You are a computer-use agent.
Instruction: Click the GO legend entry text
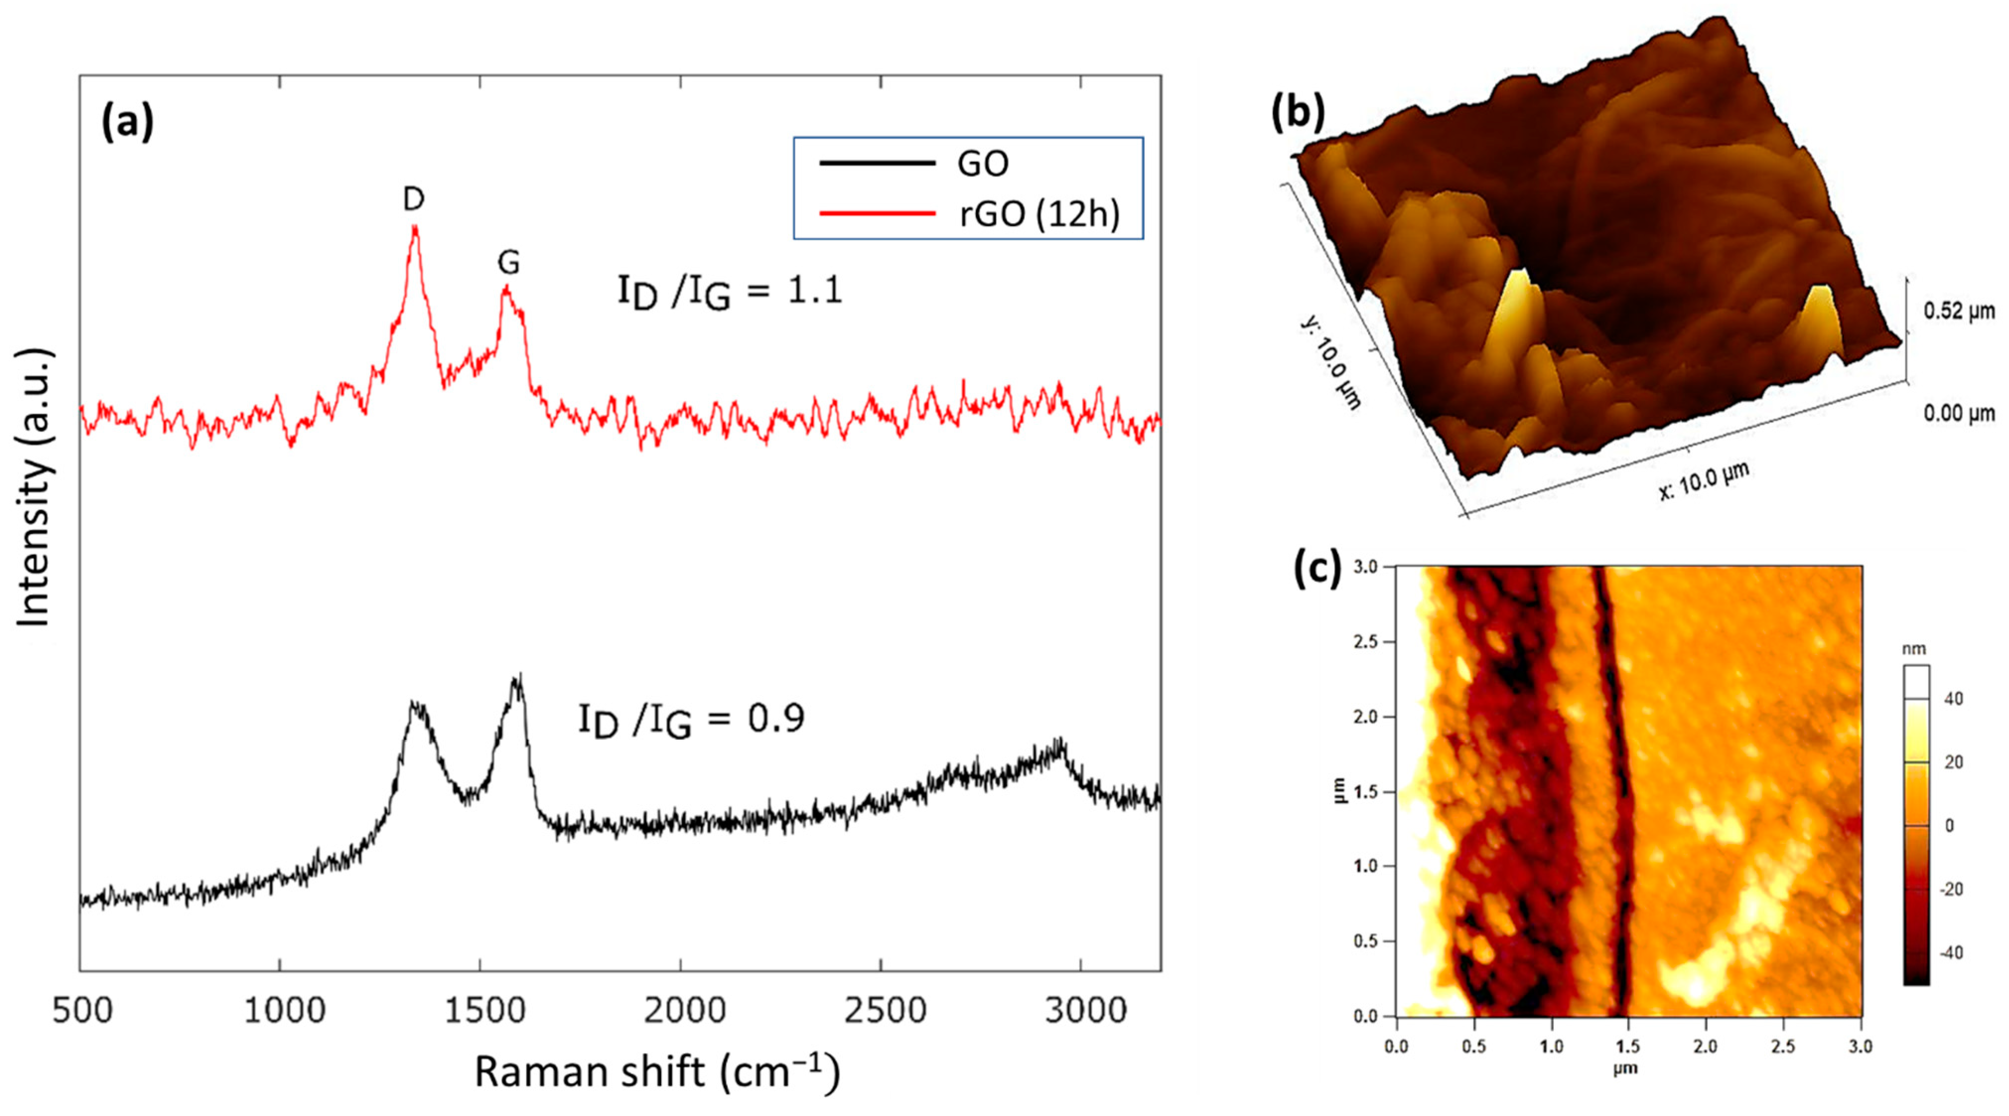pos(983,164)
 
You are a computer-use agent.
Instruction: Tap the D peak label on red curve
pos(414,200)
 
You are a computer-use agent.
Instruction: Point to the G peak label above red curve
pos(508,263)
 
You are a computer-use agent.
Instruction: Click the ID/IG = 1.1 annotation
pos(730,294)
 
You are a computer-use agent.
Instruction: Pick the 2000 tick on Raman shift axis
pos(684,1011)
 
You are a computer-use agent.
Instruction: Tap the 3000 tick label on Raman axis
pos(1084,1011)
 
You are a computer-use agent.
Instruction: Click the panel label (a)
pos(127,123)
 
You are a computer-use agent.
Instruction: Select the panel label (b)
pos(1298,113)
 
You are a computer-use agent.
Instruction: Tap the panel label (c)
pos(1316,568)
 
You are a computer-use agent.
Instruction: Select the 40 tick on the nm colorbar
pos(1953,698)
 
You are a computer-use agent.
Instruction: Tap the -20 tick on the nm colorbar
pos(1950,889)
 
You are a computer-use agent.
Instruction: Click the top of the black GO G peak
pos(518,676)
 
